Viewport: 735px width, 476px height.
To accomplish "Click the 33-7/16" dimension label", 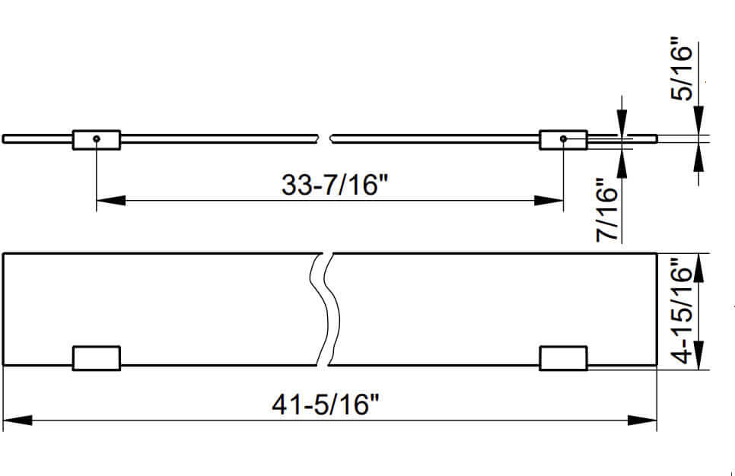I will click(x=329, y=185).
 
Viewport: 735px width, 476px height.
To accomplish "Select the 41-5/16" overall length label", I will click(x=325, y=405).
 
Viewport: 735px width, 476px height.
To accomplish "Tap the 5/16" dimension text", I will click(x=683, y=72).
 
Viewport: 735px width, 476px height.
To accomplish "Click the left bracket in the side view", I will click(x=97, y=139).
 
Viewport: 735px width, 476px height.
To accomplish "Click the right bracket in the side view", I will click(x=563, y=139).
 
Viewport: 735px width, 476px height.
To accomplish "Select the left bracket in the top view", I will click(x=97, y=358).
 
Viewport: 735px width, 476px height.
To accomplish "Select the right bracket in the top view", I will click(x=563, y=358).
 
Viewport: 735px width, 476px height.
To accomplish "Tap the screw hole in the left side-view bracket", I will click(x=97, y=139).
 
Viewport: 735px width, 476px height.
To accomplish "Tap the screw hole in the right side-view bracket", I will click(x=563, y=139).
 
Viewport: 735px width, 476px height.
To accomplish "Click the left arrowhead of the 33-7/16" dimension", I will click(x=110, y=201).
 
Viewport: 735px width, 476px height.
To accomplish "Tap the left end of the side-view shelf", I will click(x=5, y=138).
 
